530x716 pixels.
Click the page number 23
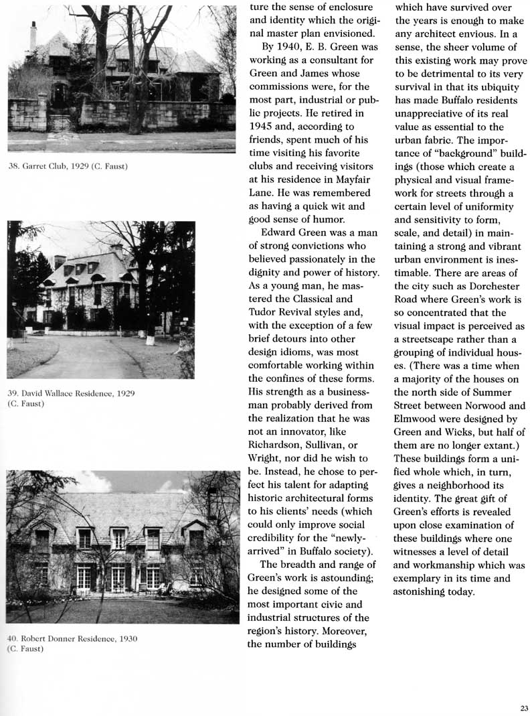523,707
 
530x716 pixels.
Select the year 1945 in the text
261,125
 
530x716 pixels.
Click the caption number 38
13,165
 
